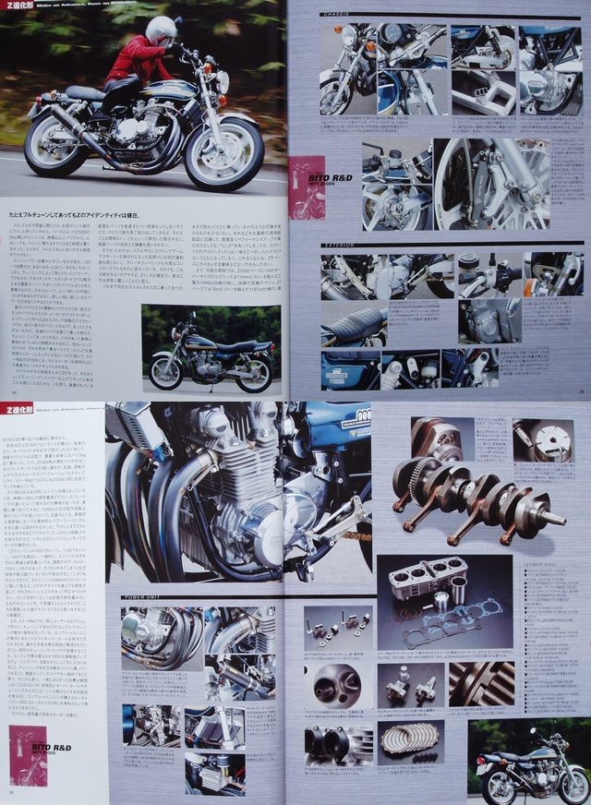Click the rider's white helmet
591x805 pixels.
tap(161, 30)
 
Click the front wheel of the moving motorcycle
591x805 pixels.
tap(223, 152)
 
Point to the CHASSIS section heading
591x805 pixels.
tap(341, 16)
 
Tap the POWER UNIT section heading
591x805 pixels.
tap(146, 597)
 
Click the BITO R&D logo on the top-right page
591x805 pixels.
tap(308, 176)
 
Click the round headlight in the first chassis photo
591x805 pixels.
tap(349, 36)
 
